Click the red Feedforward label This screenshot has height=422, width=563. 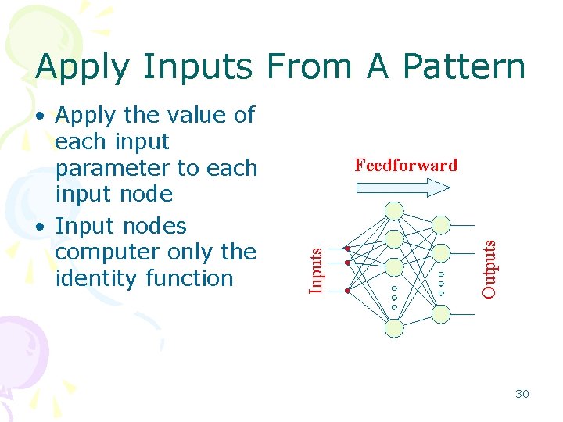click(x=405, y=165)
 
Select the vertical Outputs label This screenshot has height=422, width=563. click(x=489, y=268)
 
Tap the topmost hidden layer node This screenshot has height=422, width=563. click(x=395, y=210)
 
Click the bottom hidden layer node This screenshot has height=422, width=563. click(x=395, y=328)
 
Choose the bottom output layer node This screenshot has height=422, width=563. click(x=441, y=314)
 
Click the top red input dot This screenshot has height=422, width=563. click(x=347, y=249)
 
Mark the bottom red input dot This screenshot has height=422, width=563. click(x=347, y=290)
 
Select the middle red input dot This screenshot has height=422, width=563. click(x=347, y=263)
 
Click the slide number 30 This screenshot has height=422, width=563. click(x=522, y=394)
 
